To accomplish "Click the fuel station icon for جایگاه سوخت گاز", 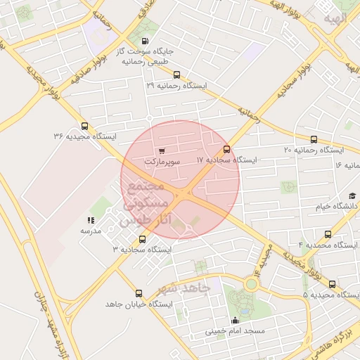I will [146, 41].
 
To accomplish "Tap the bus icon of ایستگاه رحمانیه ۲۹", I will [176, 75].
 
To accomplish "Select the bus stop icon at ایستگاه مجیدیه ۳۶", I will [85, 125].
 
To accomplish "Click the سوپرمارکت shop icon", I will [162, 150].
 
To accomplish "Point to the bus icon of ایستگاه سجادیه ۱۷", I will [226, 149].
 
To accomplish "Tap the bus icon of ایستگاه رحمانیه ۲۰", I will [314, 139].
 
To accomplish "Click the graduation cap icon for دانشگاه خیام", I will [352, 195].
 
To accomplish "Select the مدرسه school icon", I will [91, 220].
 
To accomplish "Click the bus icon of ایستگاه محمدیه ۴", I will [328, 234].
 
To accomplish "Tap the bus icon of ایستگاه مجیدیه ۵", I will [332, 285].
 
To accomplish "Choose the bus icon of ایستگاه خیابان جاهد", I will [139, 293].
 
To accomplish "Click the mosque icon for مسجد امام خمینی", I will [234, 321].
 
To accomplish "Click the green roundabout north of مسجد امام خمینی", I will [251, 284].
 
